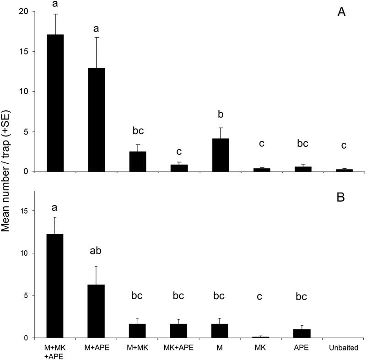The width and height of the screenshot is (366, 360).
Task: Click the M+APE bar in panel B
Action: click(x=97, y=311)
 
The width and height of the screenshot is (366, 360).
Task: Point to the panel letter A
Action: click(x=342, y=12)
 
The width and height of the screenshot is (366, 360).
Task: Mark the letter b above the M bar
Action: click(x=221, y=114)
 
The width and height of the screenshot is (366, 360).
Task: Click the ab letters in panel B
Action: click(x=97, y=252)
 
